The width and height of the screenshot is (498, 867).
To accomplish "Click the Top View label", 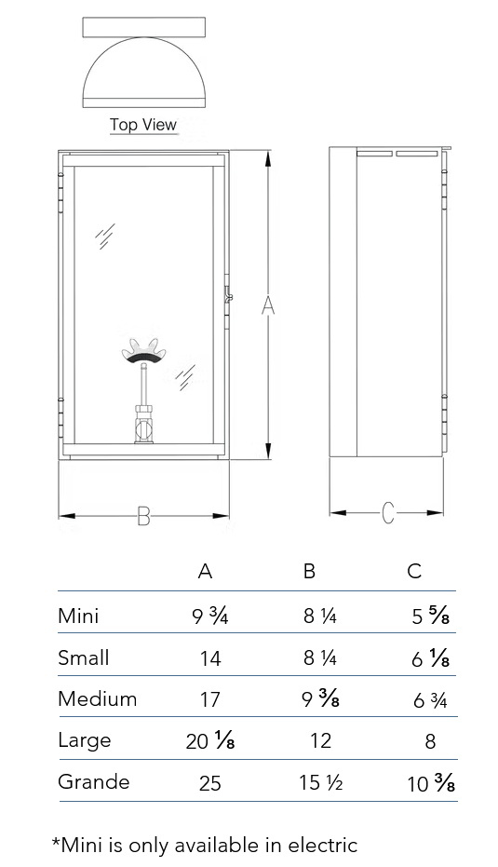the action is (143, 125).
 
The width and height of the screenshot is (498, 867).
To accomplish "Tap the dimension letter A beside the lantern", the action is (268, 305).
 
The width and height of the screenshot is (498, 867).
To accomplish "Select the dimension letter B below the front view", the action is (143, 517).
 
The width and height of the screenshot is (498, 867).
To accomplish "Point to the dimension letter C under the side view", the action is (388, 513).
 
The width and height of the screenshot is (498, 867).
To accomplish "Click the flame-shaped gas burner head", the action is (141, 351).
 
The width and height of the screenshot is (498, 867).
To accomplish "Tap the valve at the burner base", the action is (143, 425).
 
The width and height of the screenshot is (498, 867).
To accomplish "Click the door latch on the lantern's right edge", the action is (228, 296).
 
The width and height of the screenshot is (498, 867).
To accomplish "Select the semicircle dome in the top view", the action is (143, 69).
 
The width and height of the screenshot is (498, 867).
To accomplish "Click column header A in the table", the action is (205, 571).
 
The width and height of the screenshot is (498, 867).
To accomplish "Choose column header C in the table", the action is (414, 571).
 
